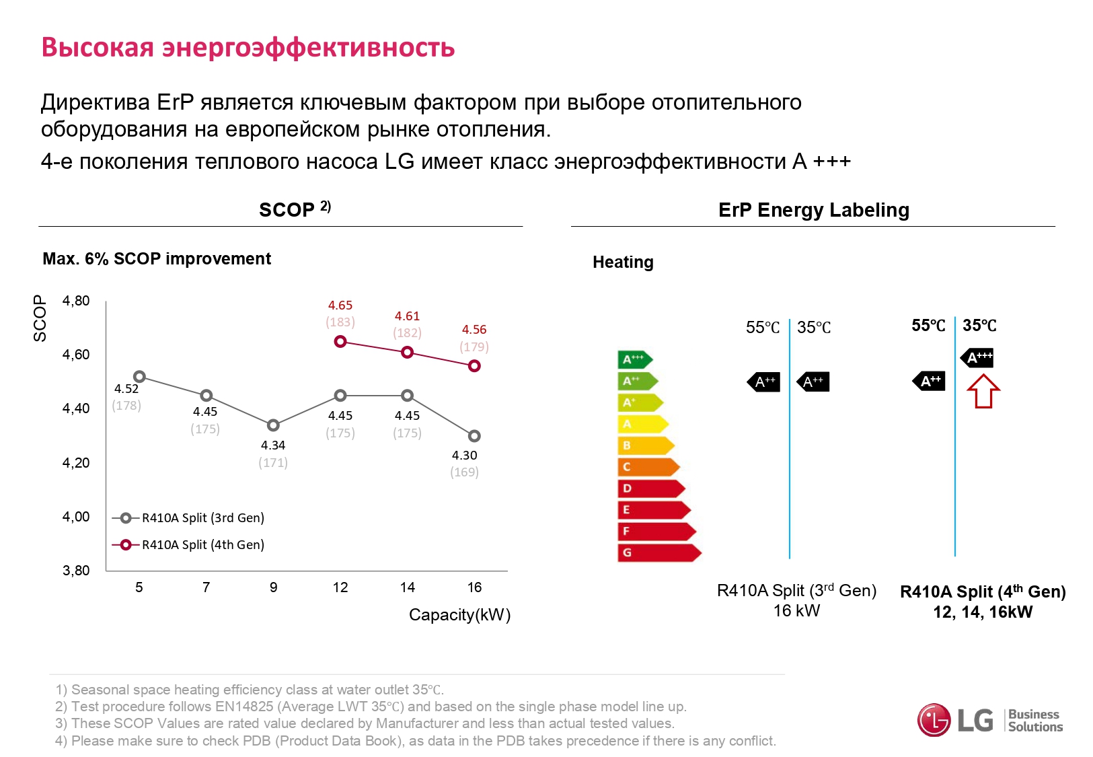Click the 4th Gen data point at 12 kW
point(340,342)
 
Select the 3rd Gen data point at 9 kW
point(273,425)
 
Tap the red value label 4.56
point(474,330)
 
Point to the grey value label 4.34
point(273,445)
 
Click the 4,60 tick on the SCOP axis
point(76,355)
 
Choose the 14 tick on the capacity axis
point(408,587)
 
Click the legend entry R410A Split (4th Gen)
point(202,544)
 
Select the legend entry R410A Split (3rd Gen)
point(202,517)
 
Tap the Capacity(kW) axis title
point(460,615)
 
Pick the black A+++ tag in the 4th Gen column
point(977,358)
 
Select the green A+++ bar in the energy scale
point(634,359)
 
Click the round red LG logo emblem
point(934,720)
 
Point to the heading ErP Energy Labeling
point(813,210)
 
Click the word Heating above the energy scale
point(623,262)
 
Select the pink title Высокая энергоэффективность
point(248,48)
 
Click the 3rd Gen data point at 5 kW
point(139,377)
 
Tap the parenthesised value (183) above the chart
point(340,322)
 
